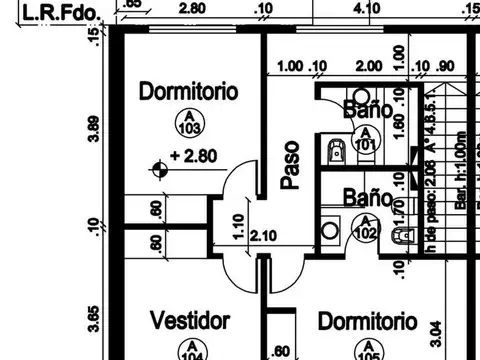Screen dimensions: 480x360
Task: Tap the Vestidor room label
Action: pos(190,321)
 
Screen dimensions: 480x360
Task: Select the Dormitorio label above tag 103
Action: pos(189,92)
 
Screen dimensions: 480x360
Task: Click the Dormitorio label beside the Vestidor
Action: pos(366,321)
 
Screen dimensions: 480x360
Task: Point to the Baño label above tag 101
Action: pos(361,109)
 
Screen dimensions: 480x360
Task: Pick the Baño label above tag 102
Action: pos(361,197)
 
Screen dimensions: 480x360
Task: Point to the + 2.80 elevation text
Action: pos(193,156)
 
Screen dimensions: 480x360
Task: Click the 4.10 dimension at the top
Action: pos(367,8)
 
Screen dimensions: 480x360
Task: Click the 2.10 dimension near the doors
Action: pos(263,237)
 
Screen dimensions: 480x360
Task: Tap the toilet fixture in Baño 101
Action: pos(336,151)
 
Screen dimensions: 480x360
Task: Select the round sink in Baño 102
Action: pos(330,230)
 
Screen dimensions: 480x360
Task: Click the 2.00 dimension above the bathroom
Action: pos(367,66)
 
